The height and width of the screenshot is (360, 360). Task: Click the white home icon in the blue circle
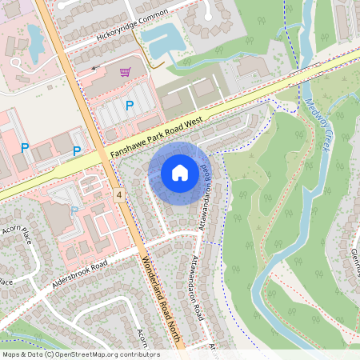(180, 172)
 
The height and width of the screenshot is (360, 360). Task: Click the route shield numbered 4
(119, 194)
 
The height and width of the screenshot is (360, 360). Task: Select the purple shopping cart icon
(125, 72)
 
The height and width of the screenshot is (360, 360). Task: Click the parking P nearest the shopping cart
(128, 105)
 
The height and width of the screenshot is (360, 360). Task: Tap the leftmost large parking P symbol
(25, 148)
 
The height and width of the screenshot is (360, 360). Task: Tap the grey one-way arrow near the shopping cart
(96, 69)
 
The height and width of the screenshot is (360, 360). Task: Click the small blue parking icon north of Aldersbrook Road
(74, 210)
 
